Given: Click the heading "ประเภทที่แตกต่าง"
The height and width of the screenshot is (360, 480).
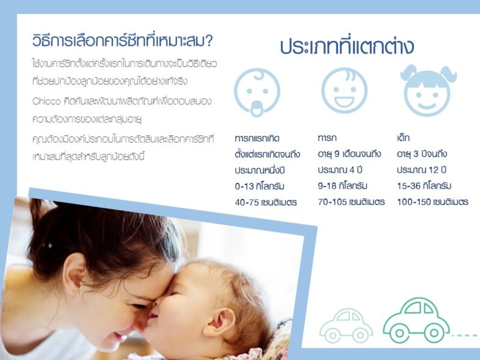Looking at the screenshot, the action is tap(347, 46).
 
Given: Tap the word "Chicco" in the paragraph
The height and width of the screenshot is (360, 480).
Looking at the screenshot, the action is tap(46, 101).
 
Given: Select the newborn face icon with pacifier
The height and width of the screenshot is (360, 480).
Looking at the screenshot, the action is tap(257, 92).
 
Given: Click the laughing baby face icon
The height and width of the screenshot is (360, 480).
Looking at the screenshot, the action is tap(344, 91).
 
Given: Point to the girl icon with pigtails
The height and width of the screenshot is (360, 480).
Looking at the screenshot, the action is tap(428, 90).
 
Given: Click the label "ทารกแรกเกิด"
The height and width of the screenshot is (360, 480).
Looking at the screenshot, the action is tap(257, 139).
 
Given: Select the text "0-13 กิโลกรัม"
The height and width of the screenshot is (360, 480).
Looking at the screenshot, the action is tap(260, 187).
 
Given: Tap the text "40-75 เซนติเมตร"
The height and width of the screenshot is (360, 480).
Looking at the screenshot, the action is tap(266, 203).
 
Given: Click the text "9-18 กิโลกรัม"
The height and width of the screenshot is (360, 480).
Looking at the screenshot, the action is tap(343, 186).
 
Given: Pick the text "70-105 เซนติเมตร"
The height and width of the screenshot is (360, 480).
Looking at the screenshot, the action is tap(351, 202).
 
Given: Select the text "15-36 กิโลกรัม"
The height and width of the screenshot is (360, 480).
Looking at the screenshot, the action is tap(424, 186).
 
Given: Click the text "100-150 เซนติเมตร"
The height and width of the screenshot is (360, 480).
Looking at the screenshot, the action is tap(432, 202).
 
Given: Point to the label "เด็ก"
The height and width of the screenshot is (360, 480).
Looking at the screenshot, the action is tap(403, 138).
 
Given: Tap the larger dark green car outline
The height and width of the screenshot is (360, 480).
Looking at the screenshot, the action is tap(417, 320).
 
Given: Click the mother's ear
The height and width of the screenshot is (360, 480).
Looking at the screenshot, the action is tap(74, 270).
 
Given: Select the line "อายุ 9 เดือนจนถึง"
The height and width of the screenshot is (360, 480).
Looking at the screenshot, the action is tap(349, 154).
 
